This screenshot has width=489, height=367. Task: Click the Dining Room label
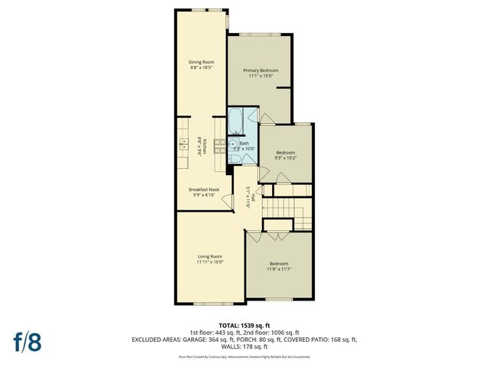coord(202,62)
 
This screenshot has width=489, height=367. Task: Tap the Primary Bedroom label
coord(261,70)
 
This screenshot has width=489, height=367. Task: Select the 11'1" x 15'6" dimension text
coord(261,76)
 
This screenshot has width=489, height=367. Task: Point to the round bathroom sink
coord(232,143)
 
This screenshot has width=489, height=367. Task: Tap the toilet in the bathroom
coord(235,158)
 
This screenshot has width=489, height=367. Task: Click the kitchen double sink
coord(183,144)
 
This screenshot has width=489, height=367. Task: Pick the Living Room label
coord(209,256)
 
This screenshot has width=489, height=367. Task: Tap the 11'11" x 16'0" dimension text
coord(209,262)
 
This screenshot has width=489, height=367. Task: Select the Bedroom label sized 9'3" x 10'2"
coord(285,152)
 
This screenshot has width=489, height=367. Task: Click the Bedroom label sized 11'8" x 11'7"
coord(278,264)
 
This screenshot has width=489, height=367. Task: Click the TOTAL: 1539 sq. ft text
coord(244,325)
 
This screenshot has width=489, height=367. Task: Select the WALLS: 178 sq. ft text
coord(244,345)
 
